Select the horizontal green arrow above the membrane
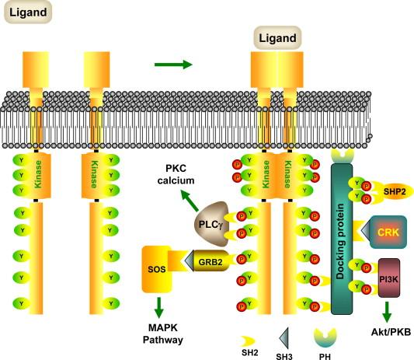172,63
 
